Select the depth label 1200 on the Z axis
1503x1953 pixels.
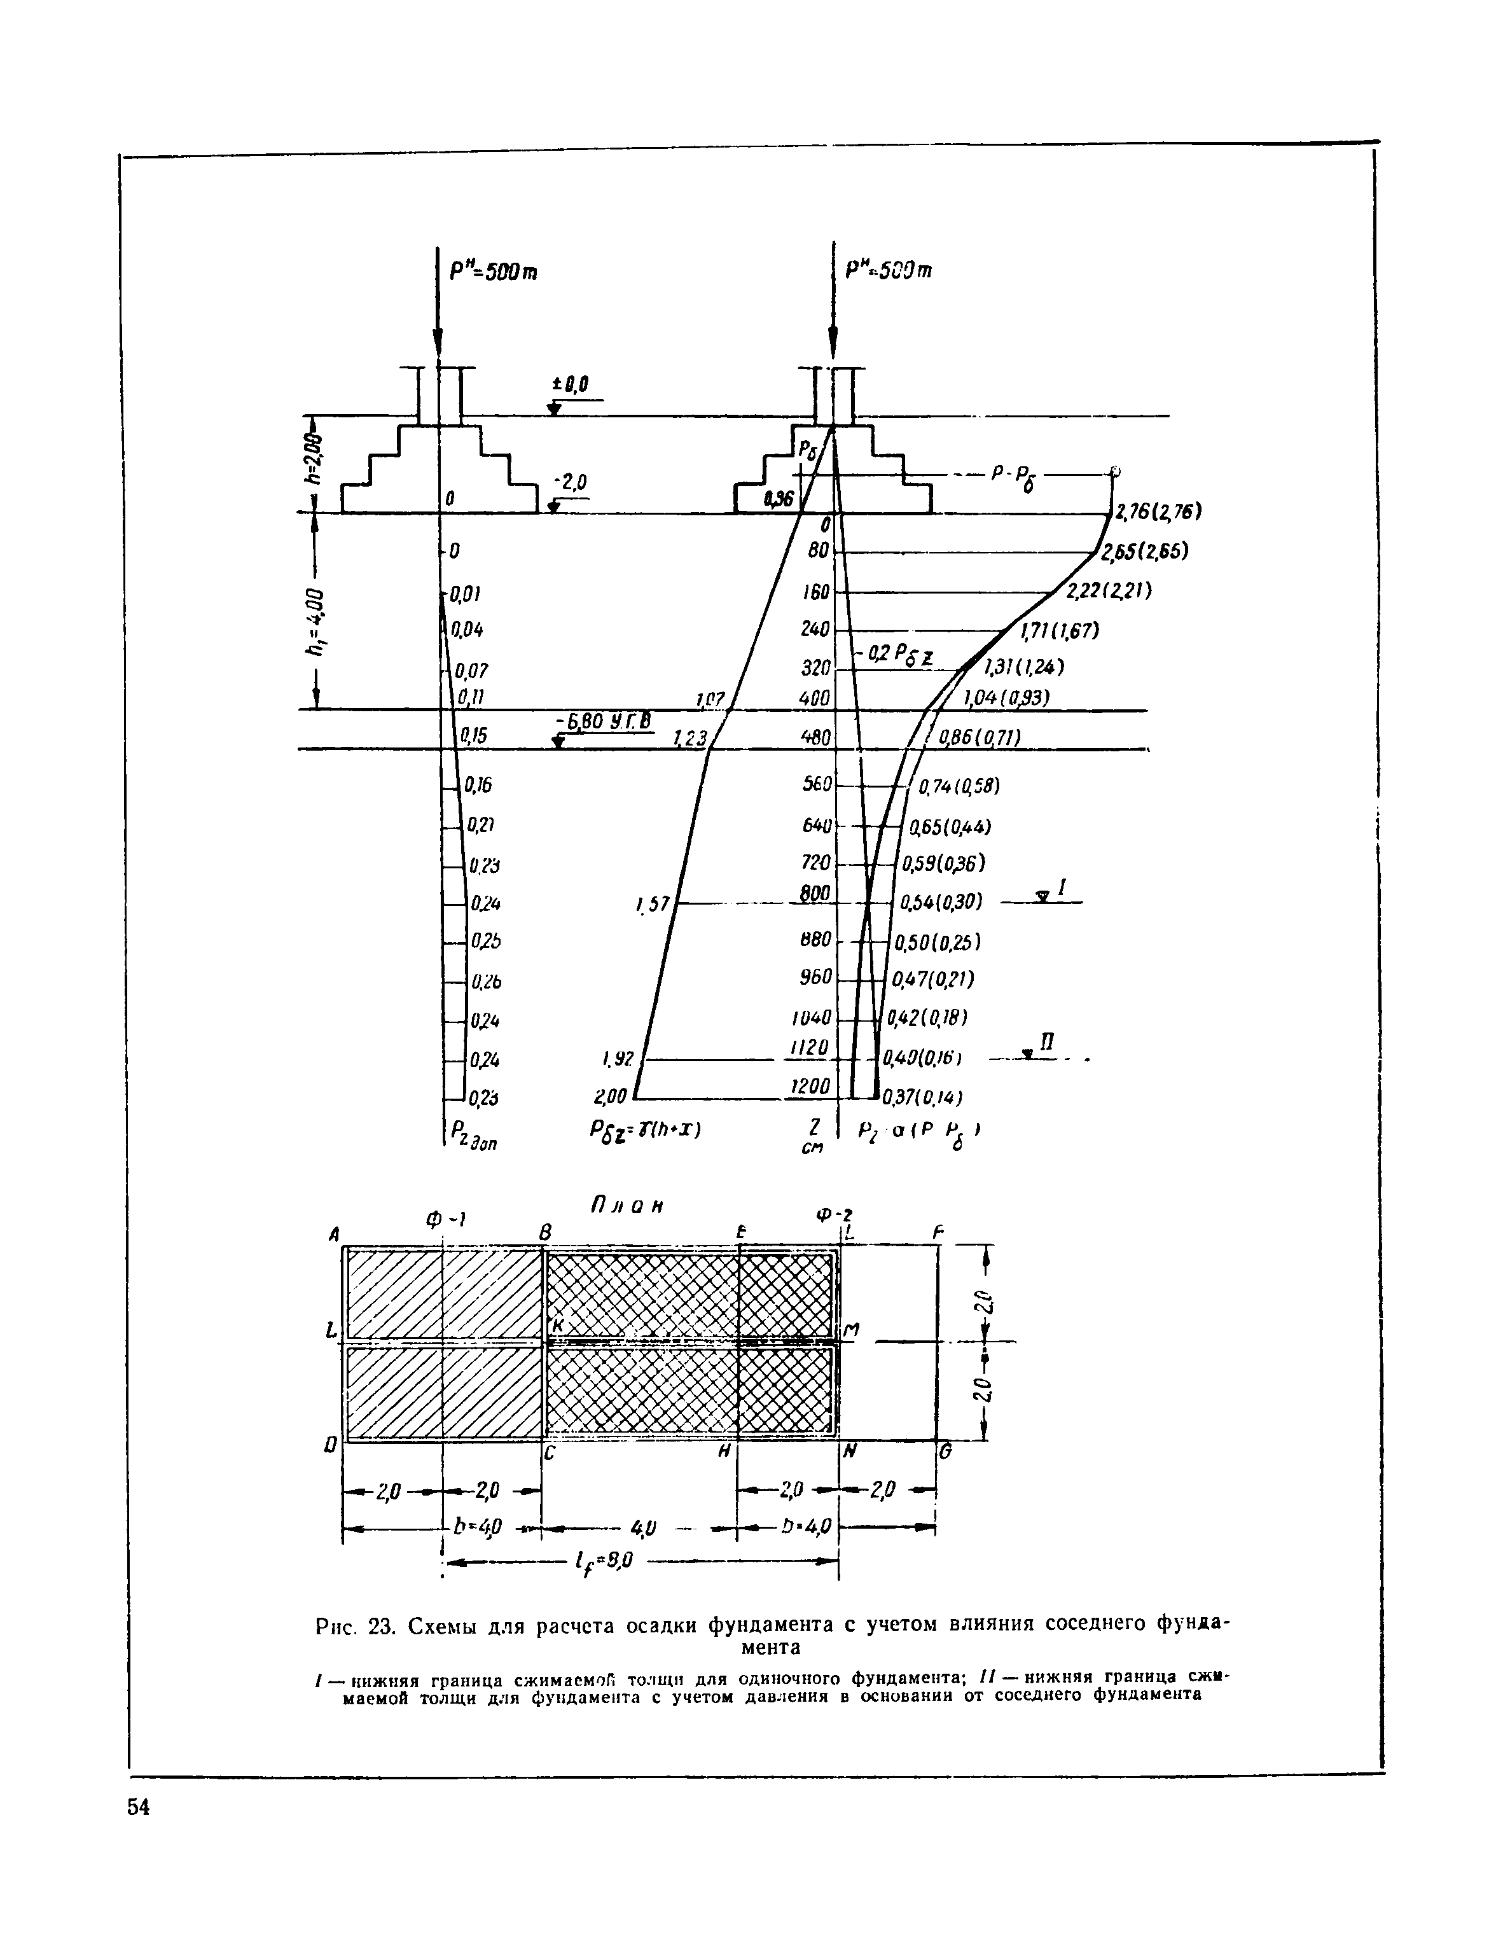[811, 1085]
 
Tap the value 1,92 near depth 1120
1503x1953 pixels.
[618, 1059]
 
